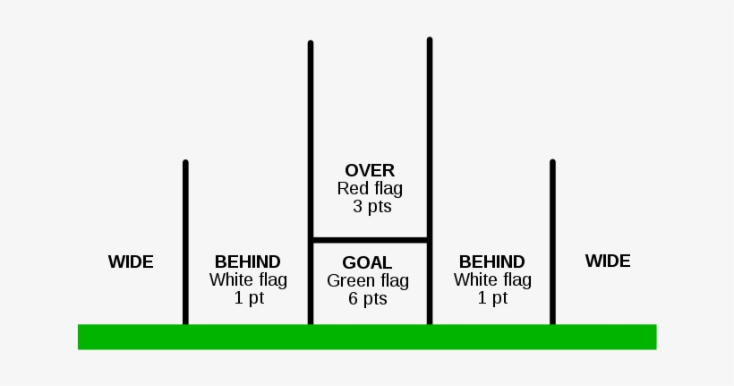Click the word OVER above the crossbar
[370, 170]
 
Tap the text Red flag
[370, 189]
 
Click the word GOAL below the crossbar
[367, 262]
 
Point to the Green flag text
[367, 281]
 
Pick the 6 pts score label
[368, 299]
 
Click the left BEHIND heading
[248, 262]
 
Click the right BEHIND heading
[491, 262]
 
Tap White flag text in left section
[248, 279]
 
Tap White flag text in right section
[492, 279]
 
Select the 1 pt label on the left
[249, 298]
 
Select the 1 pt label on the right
[492, 298]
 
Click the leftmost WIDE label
[131, 262]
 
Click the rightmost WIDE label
[608, 261]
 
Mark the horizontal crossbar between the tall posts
[370, 240]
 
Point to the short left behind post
[185, 242]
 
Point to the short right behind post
[552, 242]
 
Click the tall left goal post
[311, 134]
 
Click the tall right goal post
[430, 134]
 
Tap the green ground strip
[367, 337]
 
